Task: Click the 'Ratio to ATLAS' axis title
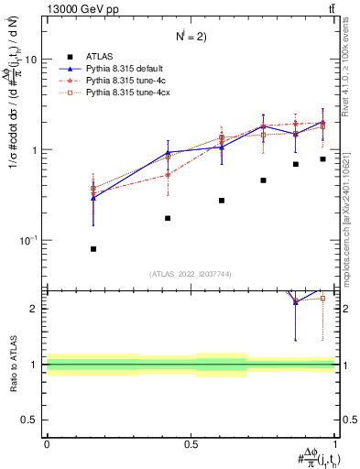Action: click(13, 364)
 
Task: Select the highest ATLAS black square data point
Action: click(322, 159)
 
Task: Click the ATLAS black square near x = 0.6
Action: click(222, 201)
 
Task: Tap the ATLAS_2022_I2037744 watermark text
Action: click(191, 274)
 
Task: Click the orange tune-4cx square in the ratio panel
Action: click(322, 298)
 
